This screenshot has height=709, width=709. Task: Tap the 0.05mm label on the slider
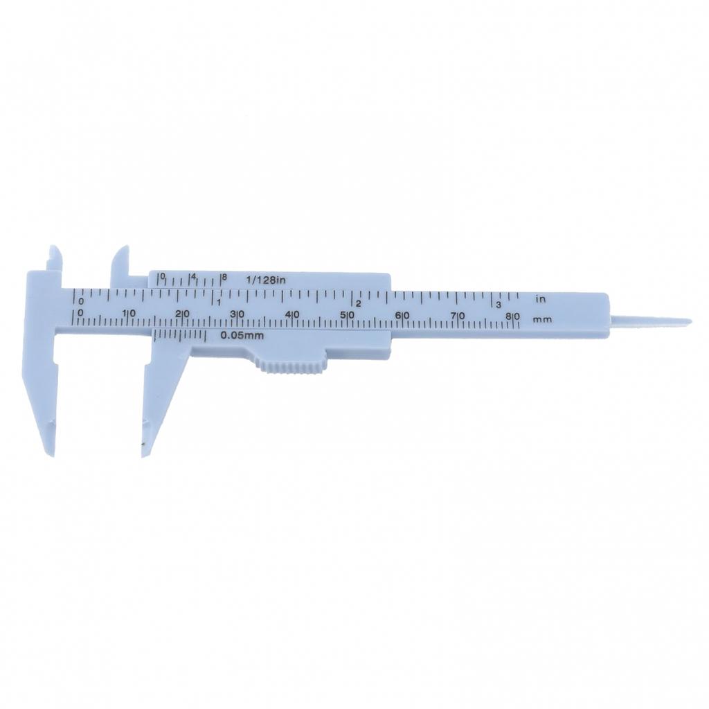tap(242, 336)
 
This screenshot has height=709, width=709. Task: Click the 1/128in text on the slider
tap(266, 280)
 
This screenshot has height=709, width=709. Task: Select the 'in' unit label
tap(541, 299)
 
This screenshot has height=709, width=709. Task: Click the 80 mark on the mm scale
tap(513, 316)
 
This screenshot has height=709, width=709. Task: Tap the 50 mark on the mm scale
tap(348, 315)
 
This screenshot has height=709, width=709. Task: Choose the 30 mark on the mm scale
tap(237, 314)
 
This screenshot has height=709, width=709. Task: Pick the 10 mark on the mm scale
tap(129, 314)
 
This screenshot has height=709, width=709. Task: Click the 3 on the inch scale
tap(499, 305)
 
